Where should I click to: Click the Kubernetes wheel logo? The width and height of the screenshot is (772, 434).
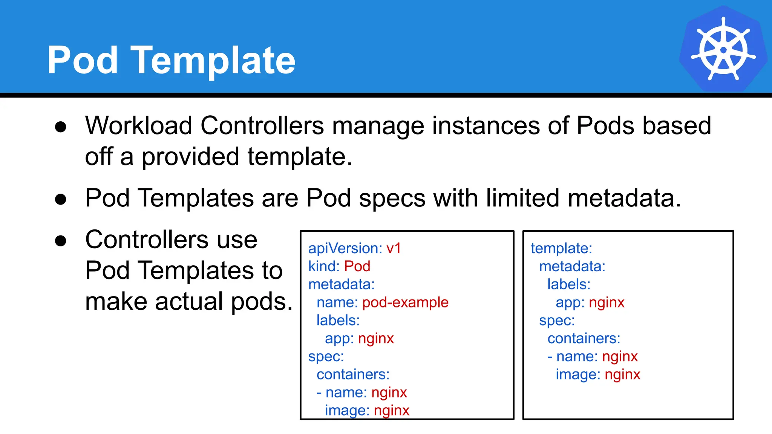tap(723, 49)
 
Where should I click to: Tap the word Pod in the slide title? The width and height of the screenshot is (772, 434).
tap(83, 60)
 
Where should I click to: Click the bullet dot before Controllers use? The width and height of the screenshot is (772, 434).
tap(61, 240)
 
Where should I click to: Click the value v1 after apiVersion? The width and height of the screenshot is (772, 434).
tap(394, 249)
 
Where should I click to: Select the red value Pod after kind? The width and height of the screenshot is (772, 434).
tap(357, 267)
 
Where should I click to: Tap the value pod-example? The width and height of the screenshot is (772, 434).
tap(405, 303)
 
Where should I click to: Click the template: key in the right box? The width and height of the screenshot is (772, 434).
tap(561, 249)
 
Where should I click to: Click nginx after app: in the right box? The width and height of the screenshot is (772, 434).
tap(607, 303)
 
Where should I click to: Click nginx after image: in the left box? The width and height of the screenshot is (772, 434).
tap(391, 411)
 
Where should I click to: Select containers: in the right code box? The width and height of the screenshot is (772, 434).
tap(584, 339)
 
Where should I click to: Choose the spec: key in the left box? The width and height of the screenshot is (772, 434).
tap(326, 357)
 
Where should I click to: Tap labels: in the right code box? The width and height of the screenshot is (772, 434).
tap(568, 284)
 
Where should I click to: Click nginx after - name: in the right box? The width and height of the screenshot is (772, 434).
tap(620, 357)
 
